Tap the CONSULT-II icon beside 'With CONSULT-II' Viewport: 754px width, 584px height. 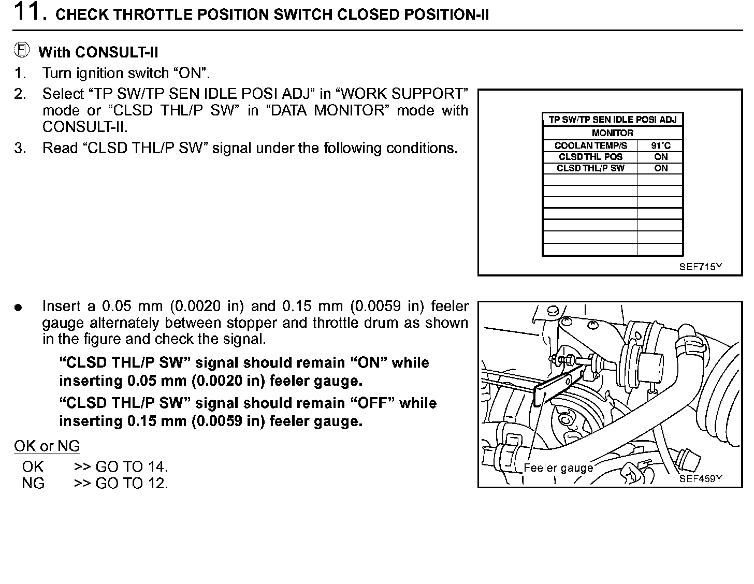[22, 50]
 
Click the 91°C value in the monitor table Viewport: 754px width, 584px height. [660, 146]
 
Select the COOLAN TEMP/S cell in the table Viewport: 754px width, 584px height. [590, 146]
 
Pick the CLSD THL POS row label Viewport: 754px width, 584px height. [590, 157]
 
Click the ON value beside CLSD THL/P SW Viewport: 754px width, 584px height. [661, 168]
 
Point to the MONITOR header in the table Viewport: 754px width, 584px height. [613, 133]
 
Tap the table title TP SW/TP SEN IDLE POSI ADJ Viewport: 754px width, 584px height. [613, 120]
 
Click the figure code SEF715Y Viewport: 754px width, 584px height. [701, 267]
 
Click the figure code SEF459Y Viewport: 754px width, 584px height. [701, 479]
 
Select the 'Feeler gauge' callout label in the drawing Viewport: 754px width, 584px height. [558, 468]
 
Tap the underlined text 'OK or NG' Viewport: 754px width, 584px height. [47, 446]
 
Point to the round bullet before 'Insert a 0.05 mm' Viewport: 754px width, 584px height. [19, 308]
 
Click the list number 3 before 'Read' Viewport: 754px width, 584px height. [20, 149]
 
